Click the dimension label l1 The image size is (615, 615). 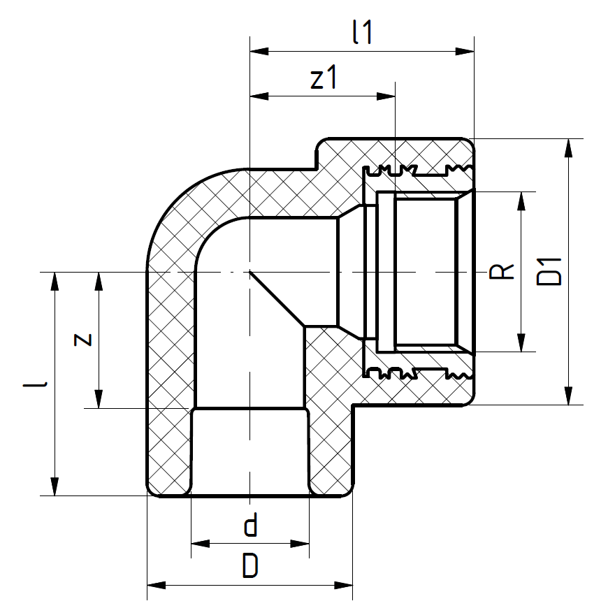(363, 33)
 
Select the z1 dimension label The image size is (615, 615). (324, 80)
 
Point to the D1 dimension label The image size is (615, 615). (551, 271)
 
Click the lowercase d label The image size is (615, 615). (250, 525)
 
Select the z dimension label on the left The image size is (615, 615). (82, 340)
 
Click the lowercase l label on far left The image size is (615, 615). (43, 384)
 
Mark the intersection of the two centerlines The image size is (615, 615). (249, 271)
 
